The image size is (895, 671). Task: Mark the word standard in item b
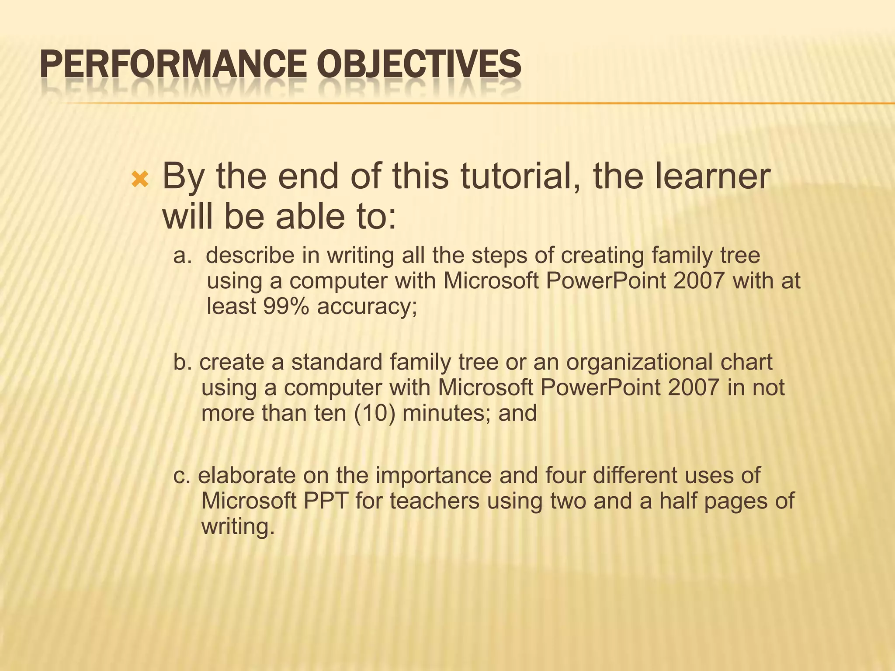[336, 362]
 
